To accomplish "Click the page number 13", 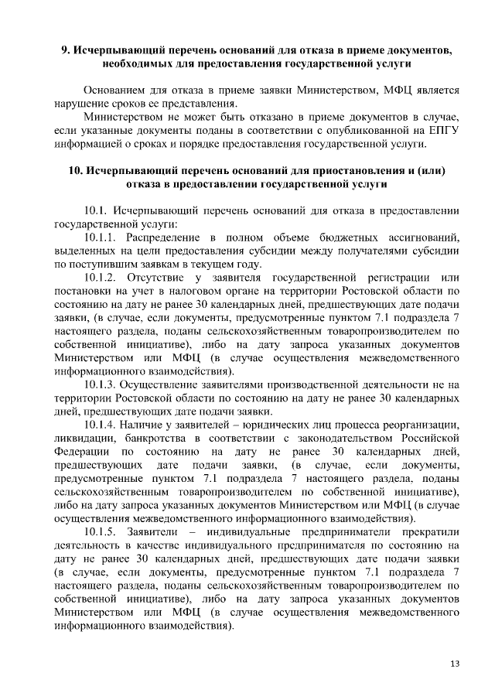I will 455,664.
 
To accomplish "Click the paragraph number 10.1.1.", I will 102,236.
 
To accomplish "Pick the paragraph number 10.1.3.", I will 102,384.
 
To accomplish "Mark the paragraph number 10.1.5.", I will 102,533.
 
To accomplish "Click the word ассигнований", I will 422,236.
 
